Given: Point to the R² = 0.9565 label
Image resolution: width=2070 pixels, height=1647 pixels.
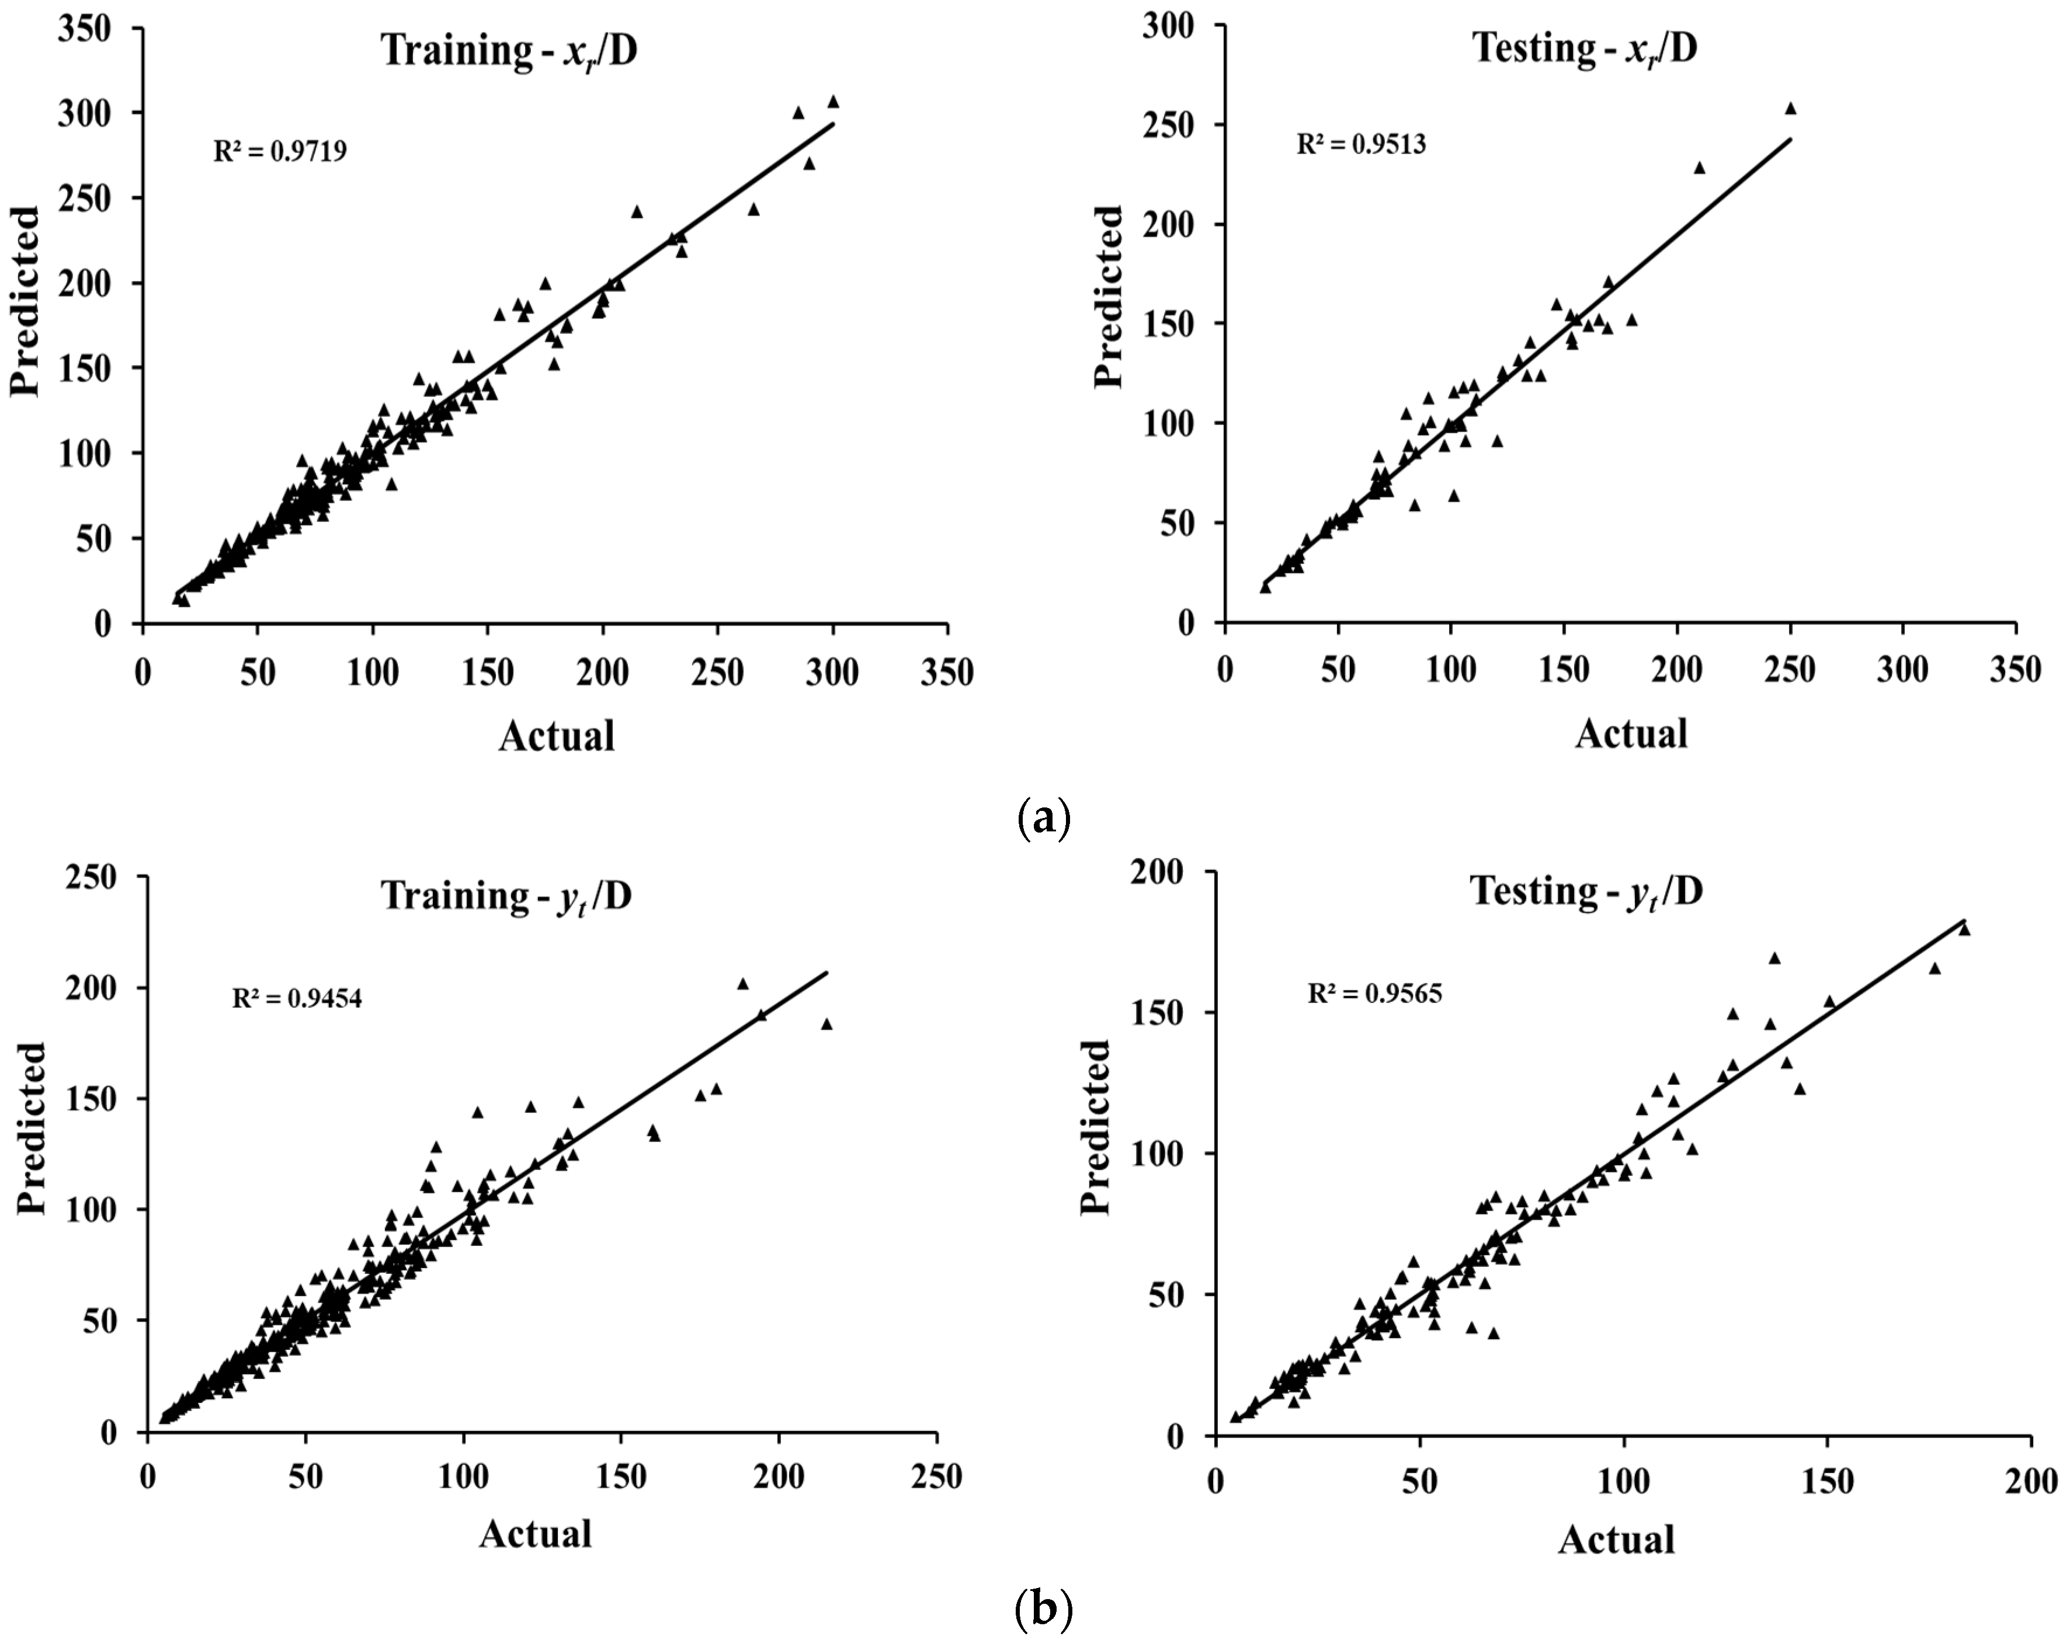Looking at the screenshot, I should pyautogui.click(x=1375, y=993).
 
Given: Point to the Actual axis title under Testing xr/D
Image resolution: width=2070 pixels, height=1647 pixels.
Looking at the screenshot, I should pyautogui.click(x=1631, y=733).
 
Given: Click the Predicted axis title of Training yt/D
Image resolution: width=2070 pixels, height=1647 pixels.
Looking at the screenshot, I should pyautogui.click(x=31, y=1129).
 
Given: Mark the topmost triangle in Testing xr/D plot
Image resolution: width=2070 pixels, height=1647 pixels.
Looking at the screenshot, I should pyautogui.click(x=1790, y=109).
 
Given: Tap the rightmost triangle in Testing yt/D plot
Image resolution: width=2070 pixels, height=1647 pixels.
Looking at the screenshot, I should pyautogui.click(x=1964, y=929).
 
